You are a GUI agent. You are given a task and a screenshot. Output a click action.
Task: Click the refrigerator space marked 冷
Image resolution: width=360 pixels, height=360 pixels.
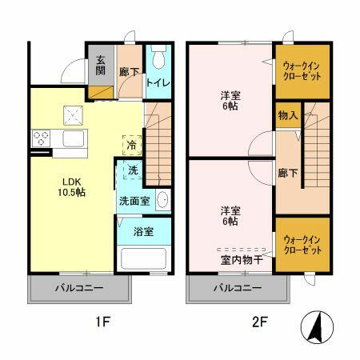tap(131, 146)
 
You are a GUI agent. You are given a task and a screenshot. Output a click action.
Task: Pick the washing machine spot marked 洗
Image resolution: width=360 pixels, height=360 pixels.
tap(132, 170)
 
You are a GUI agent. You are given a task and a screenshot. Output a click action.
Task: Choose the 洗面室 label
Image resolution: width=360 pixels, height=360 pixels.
tap(134, 200)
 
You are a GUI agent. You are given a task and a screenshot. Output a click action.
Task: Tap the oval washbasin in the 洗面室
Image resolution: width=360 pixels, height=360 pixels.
tap(162, 200)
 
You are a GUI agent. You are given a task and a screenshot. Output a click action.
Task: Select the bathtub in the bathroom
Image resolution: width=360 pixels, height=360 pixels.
tap(142, 259)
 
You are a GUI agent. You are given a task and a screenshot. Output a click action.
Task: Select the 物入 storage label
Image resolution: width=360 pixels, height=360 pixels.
tap(288, 116)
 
